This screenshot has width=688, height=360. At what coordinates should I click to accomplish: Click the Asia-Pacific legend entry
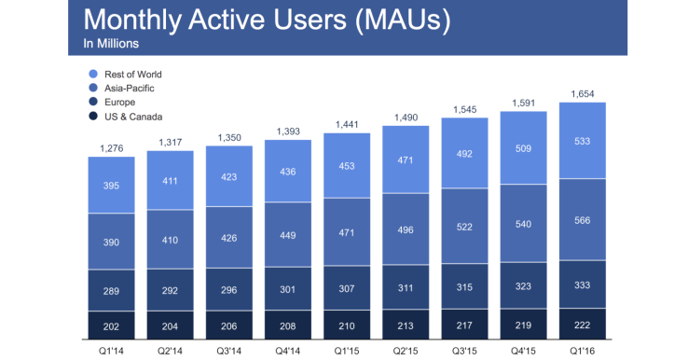point(131,87)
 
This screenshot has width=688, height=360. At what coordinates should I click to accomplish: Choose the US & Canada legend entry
point(133,116)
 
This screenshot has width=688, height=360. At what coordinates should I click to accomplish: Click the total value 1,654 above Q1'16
point(583,94)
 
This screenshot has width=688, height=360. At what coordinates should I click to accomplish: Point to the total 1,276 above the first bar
point(112,148)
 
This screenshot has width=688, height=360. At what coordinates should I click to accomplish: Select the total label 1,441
point(347,125)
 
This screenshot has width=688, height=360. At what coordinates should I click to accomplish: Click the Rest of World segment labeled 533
point(583,141)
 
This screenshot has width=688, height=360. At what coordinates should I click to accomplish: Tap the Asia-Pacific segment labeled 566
point(583,220)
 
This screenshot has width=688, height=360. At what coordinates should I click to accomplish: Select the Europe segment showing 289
point(112,290)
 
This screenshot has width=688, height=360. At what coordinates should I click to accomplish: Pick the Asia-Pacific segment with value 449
point(288,234)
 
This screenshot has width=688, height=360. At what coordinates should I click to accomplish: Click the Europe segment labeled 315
point(464,286)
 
